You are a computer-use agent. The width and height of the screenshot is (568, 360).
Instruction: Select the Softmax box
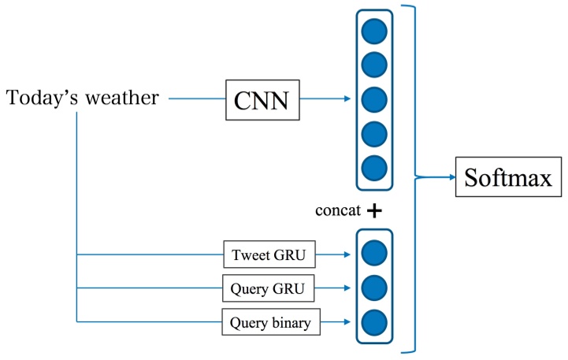[502, 177]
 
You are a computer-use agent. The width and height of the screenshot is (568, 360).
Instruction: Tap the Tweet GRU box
[269, 254]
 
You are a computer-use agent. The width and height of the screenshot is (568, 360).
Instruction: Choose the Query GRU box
[269, 288]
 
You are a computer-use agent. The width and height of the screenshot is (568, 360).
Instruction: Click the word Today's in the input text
[44, 98]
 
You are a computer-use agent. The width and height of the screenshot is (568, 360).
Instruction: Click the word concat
[337, 211]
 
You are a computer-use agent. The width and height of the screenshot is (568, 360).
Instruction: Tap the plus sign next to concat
[374, 211]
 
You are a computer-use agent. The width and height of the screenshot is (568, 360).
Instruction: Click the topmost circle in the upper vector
[373, 32]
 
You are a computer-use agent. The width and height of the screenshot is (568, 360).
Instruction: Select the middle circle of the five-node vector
[373, 100]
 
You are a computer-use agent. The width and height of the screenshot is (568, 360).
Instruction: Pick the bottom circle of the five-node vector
[373, 168]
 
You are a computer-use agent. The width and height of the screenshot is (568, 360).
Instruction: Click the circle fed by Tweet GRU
[373, 253]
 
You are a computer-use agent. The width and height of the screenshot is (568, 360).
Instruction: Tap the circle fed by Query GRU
[373, 288]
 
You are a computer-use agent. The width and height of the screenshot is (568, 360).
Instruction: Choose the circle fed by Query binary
[373, 322]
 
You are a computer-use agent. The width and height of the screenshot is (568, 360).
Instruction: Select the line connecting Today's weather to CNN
[197, 99]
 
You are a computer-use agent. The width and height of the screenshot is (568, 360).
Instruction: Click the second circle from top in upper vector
[373, 66]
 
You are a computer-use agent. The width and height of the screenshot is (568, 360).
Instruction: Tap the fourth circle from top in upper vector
[373, 134]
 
